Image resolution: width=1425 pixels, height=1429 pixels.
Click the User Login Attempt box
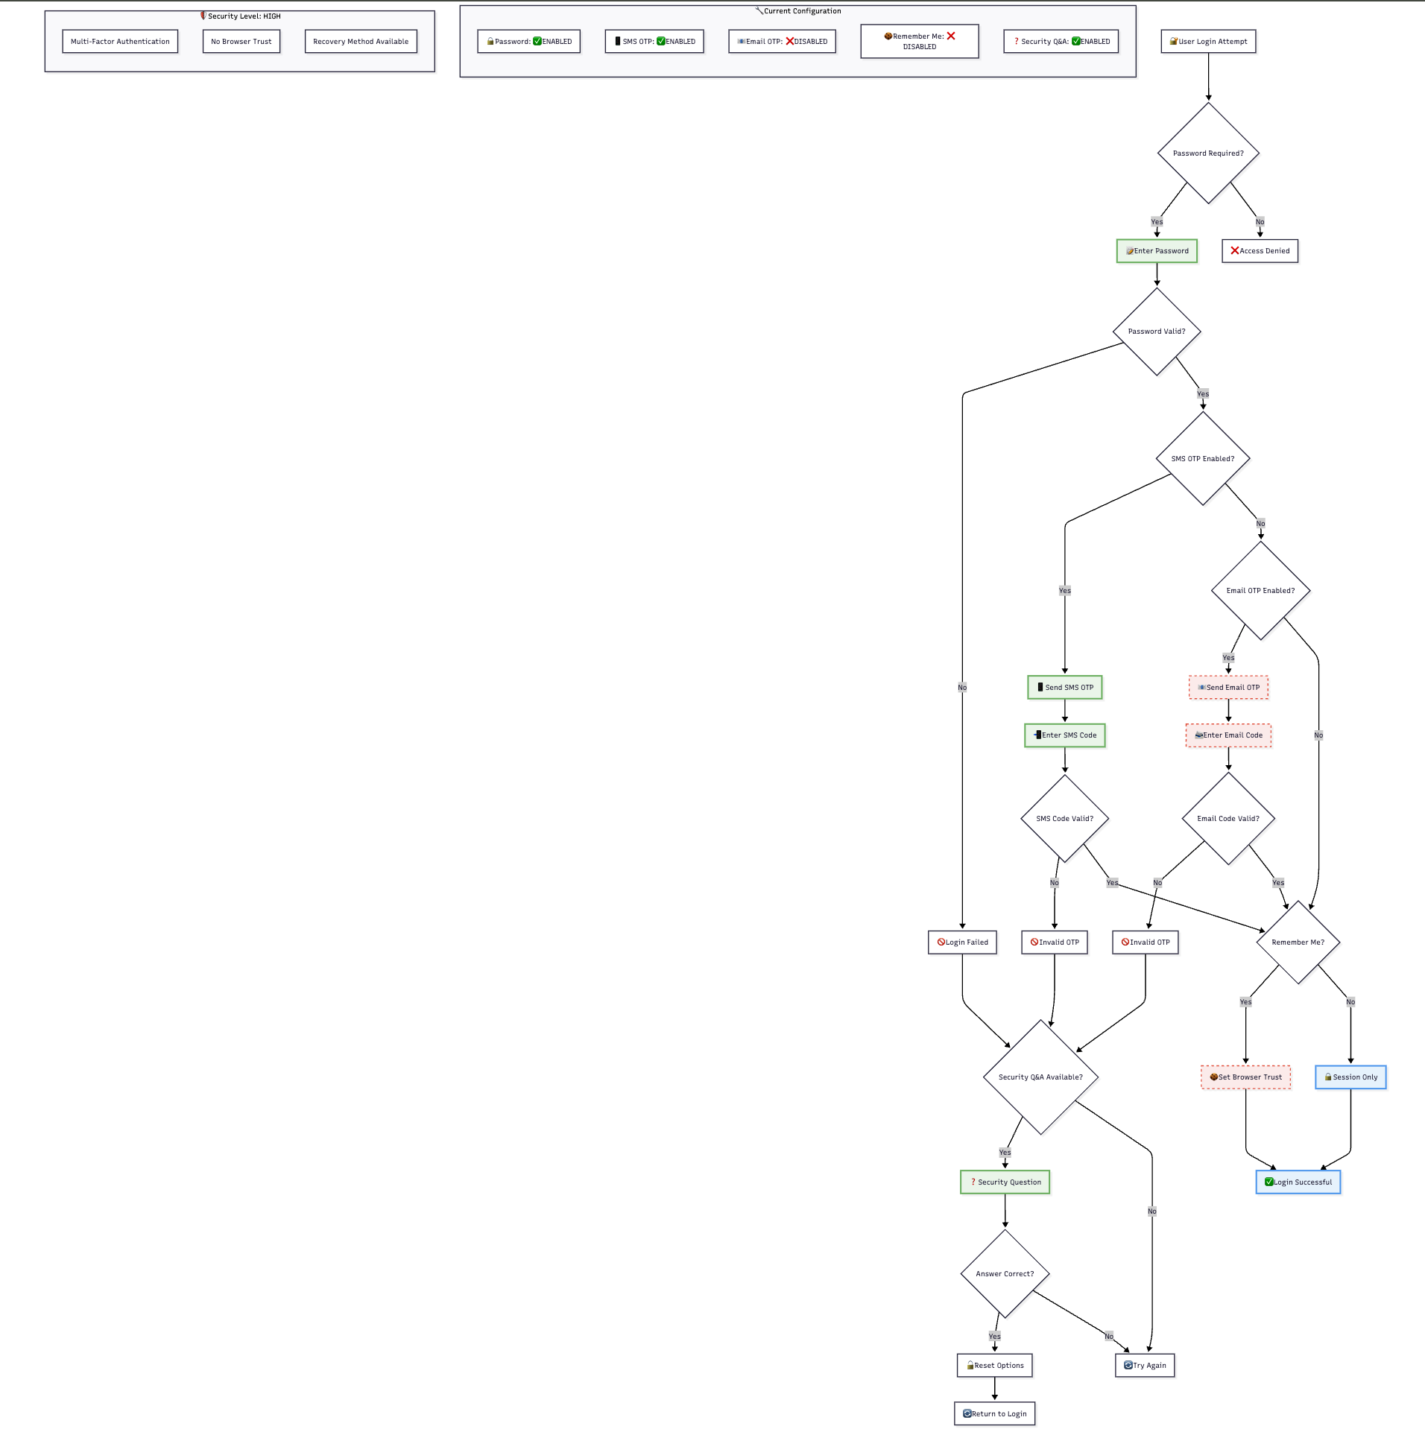(1208, 42)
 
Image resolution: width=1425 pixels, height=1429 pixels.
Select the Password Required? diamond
(1208, 153)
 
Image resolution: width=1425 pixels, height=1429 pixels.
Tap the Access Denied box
(1260, 251)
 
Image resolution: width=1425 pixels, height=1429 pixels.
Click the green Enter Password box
(1157, 251)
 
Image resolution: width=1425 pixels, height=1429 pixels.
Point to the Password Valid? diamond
(1157, 332)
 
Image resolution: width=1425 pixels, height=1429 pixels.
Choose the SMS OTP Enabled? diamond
(1203, 458)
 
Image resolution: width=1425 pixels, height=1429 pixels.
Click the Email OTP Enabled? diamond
(1260, 590)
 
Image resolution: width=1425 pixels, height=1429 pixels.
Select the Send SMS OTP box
(1064, 687)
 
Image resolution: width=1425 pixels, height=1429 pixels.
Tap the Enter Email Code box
(1228, 735)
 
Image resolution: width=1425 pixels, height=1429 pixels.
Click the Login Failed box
(962, 942)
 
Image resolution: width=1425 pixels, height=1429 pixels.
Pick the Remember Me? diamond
(1298, 942)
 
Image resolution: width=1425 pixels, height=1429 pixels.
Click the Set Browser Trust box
(1245, 1077)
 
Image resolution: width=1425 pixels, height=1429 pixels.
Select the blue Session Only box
(1350, 1077)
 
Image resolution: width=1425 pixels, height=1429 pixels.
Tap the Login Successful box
(1298, 1182)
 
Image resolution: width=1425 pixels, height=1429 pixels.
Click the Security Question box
(1005, 1182)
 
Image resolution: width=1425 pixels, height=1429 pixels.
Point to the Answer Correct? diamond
(1005, 1273)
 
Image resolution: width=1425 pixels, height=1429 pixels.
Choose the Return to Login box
(994, 1413)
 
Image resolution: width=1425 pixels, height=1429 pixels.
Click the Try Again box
(1145, 1365)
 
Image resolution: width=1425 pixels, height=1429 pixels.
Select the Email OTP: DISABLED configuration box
(782, 42)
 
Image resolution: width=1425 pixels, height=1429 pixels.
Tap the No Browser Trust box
(241, 42)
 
